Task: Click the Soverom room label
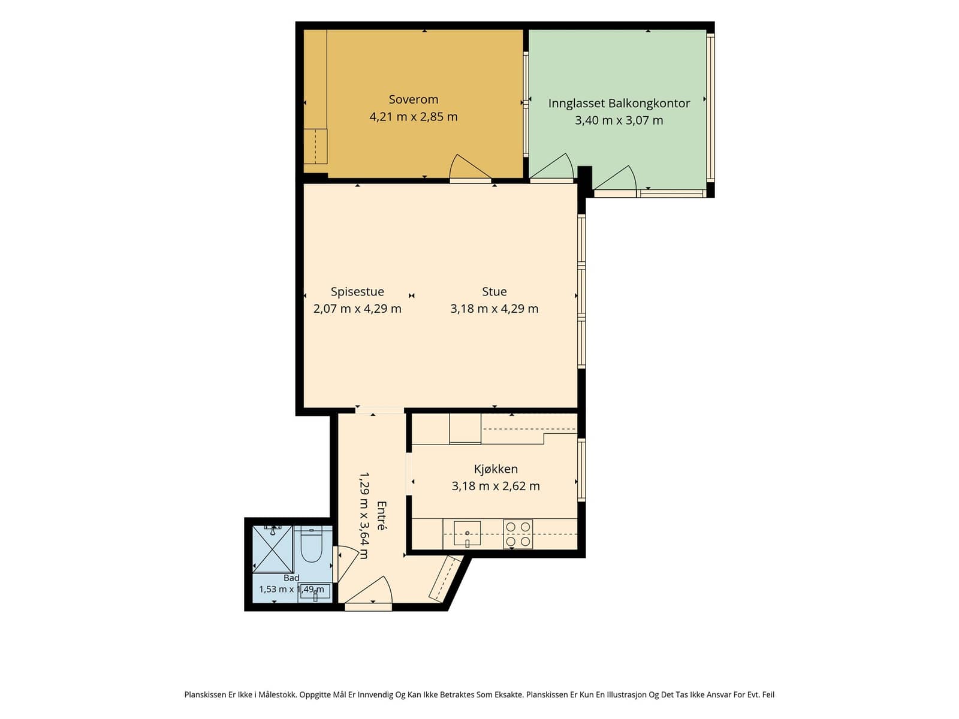coord(413,99)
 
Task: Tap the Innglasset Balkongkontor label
coord(619,104)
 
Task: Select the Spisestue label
coord(357,292)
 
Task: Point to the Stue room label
coord(494,292)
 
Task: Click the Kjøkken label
coord(496,469)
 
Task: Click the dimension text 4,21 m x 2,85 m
coord(413,117)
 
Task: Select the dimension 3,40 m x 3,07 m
coord(619,120)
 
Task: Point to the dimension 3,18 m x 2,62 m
coord(496,486)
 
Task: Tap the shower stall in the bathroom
coord(273,549)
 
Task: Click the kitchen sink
coord(467,533)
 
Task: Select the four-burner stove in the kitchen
coord(518,533)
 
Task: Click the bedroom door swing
coord(470,167)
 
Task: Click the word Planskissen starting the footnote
coord(206,694)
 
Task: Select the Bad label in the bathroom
coord(291,578)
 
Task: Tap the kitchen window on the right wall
coord(581,470)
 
